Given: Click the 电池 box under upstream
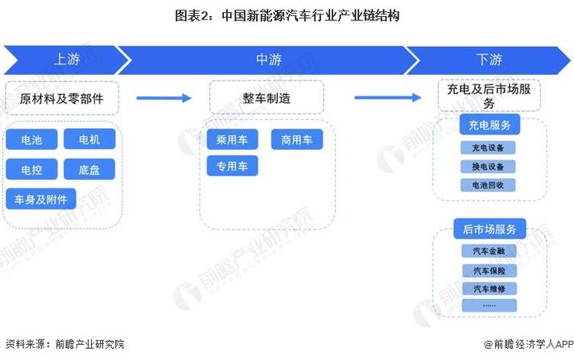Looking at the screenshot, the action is coord(32,139).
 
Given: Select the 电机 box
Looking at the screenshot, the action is coord(89,139).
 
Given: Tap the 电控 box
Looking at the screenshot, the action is coord(32,169).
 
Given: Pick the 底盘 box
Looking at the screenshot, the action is coord(89,169).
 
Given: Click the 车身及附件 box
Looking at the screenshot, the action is coord(41,199).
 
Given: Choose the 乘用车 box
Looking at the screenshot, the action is coord(233,139).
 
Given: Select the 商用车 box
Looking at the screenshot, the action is coord(297,139).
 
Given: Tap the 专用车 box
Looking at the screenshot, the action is coord(233,166).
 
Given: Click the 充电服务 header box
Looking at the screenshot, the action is coord(489,125).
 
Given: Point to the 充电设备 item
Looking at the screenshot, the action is coord(489,147).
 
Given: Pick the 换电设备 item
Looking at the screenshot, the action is coord(489,167).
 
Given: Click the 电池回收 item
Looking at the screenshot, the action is coord(489,185).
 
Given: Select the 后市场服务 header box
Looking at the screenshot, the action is coord(489,229).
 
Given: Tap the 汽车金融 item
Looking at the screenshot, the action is coord(489,250).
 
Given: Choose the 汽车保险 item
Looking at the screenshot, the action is coord(489,271).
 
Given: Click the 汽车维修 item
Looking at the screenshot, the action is coord(489,288).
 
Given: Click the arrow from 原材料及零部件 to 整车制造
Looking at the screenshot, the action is coord(164,97).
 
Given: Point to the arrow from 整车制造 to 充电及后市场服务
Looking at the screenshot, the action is coord(388,97).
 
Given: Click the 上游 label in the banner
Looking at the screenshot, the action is coord(67,60).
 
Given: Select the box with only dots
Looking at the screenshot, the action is coord(489,305).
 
